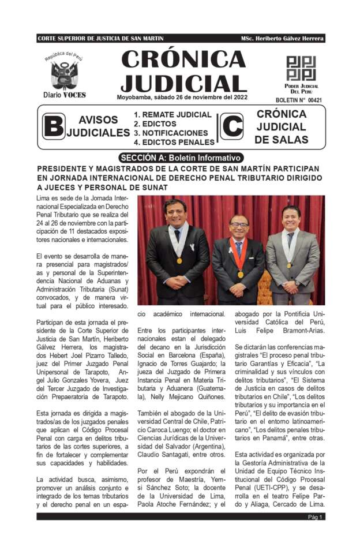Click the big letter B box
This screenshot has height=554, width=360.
[x=53, y=127]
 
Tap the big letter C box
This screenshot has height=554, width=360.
[x=231, y=127]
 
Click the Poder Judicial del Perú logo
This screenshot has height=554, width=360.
[x=302, y=68]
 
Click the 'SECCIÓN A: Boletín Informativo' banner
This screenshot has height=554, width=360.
[x=180, y=158]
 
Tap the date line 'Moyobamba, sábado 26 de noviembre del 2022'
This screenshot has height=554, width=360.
[x=182, y=97]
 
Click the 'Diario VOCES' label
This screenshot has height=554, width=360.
[x=65, y=94]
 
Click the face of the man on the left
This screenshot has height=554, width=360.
[x=175, y=214]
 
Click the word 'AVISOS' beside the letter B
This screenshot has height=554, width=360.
[x=98, y=120]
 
